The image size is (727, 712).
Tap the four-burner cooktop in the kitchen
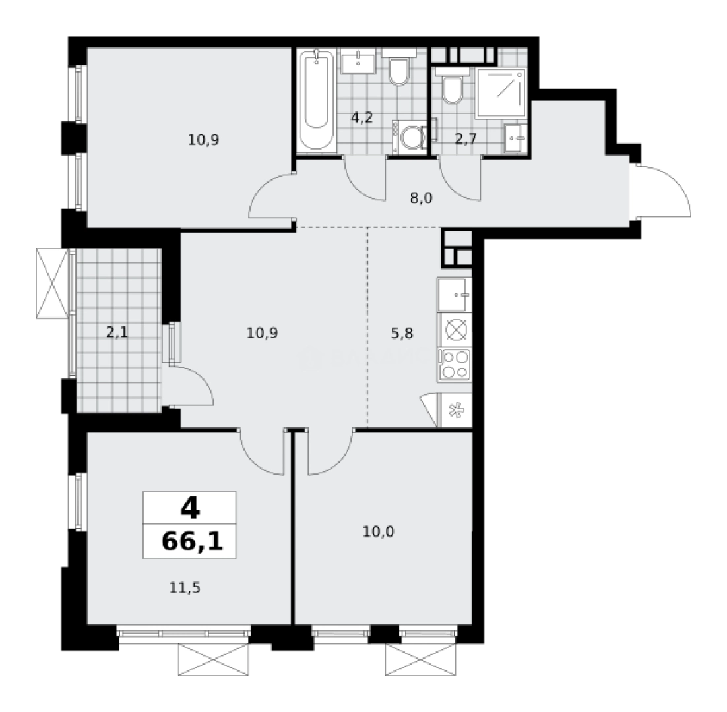coord(454,364)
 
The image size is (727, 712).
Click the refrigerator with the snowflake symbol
coord(454,410)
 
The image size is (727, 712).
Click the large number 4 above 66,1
coord(189,508)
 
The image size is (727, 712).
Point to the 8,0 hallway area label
coord(420,197)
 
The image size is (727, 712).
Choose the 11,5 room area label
coord(184,586)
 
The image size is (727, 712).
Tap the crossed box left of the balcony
coord(52,283)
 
